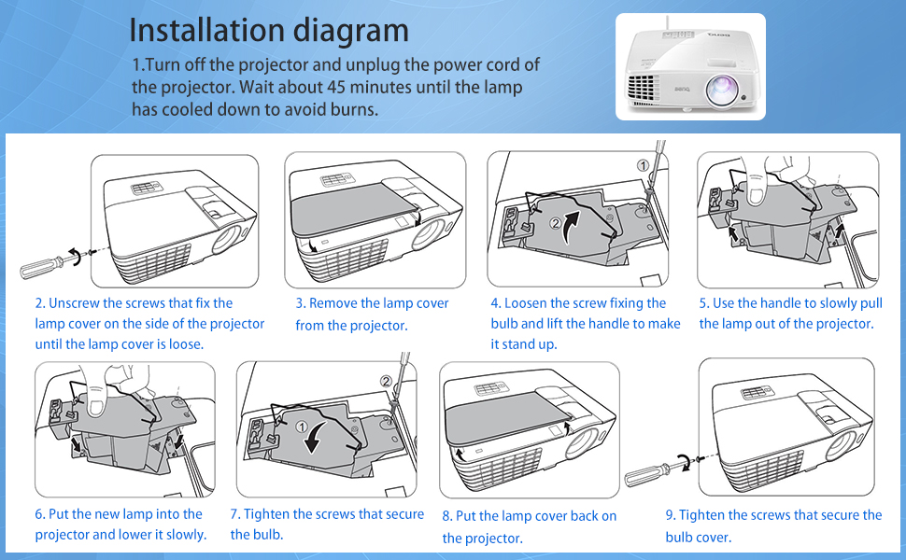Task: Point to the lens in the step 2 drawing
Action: click(226, 239)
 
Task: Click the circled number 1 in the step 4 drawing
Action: click(643, 165)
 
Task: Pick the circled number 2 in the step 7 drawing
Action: click(386, 380)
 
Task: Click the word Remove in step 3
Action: click(333, 303)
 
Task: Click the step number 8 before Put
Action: click(446, 516)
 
